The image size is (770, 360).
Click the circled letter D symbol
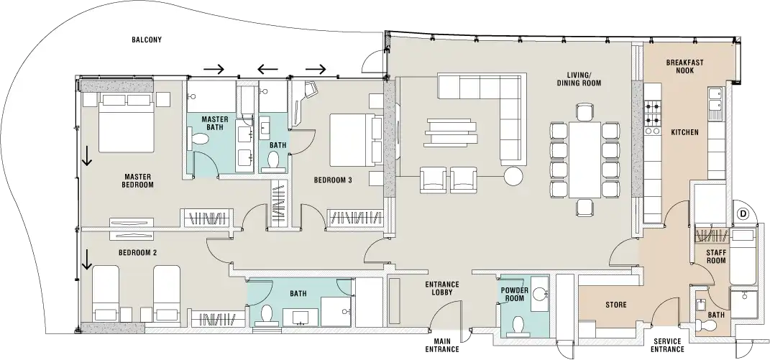[x=743, y=213]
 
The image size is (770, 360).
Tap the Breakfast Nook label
[x=684, y=66]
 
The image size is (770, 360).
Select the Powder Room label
[x=514, y=294]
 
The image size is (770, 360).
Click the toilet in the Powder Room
[x=517, y=326]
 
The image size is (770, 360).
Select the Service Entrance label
[x=667, y=345]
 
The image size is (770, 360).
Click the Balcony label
[x=147, y=40]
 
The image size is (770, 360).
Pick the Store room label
[x=616, y=305]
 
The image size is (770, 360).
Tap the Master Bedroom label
[x=138, y=181]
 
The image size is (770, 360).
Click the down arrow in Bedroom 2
[x=87, y=259]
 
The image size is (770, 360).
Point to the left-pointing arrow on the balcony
[x=268, y=69]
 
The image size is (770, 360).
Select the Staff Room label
[x=715, y=257]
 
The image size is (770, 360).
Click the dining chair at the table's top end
[x=585, y=112]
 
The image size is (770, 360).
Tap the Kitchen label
[x=684, y=132]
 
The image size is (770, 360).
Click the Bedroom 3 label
[x=333, y=180]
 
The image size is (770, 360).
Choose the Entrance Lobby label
[x=442, y=288]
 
